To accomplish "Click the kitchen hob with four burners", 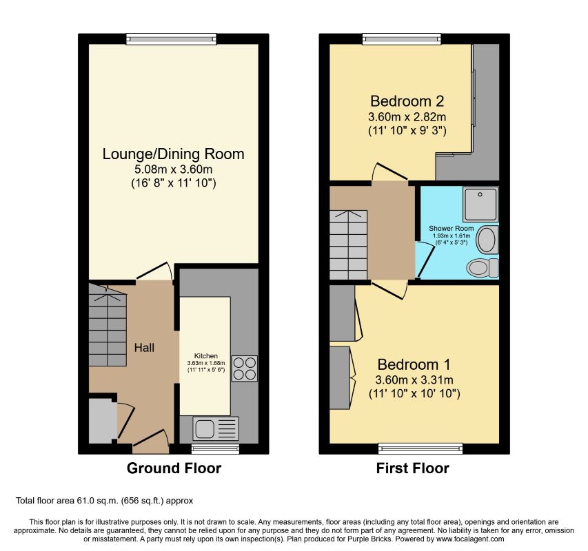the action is pyautogui.click(x=245, y=368).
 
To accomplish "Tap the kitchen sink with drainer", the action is pyautogui.click(x=216, y=428).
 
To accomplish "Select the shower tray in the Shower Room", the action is pyautogui.click(x=480, y=204).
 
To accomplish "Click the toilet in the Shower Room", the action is pyautogui.click(x=483, y=268).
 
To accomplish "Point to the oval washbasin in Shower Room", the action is pyautogui.click(x=487, y=240).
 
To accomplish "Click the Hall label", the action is pyautogui.click(x=144, y=348).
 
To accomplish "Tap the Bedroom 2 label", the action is pyautogui.click(x=407, y=101).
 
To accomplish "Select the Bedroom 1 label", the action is pyautogui.click(x=414, y=364).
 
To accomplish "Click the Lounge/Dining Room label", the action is pyautogui.click(x=173, y=154).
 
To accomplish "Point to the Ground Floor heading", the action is pyautogui.click(x=174, y=468).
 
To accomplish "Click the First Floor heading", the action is pyautogui.click(x=412, y=468).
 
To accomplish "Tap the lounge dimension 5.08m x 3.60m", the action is pyautogui.click(x=173, y=169).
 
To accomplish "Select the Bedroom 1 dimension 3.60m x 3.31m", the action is pyautogui.click(x=414, y=380).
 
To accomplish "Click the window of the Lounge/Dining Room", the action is pyautogui.click(x=172, y=39).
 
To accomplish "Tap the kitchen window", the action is pyautogui.click(x=215, y=449).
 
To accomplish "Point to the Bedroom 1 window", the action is pyautogui.click(x=420, y=448).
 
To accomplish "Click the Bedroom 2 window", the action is pyautogui.click(x=402, y=39).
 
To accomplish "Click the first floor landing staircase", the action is pyautogui.click(x=348, y=245).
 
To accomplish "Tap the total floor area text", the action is pyautogui.click(x=104, y=501).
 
